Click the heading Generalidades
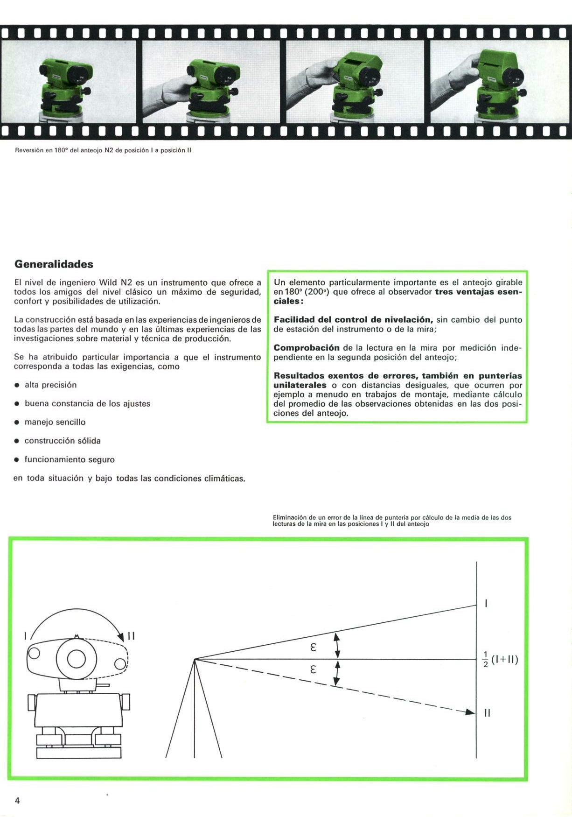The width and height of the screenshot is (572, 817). [x=54, y=264]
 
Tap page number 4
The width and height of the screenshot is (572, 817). [x=17, y=801]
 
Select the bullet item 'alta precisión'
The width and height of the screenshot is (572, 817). [x=50, y=385]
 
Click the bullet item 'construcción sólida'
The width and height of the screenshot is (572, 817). [x=63, y=441]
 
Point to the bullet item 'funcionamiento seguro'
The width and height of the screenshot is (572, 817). [x=70, y=459]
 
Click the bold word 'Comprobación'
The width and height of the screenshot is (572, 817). [x=307, y=348]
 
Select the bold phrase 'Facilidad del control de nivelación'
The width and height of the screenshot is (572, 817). [x=353, y=320]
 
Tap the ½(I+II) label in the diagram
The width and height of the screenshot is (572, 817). [x=500, y=660]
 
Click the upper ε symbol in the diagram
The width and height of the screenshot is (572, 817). [x=313, y=648]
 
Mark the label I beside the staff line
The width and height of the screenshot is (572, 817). [x=486, y=604]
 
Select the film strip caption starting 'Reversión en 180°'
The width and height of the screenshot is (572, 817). [x=103, y=150]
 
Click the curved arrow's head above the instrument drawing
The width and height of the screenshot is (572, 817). [x=122, y=636]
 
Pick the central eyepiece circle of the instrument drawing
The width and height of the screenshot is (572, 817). [x=76, y=659]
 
